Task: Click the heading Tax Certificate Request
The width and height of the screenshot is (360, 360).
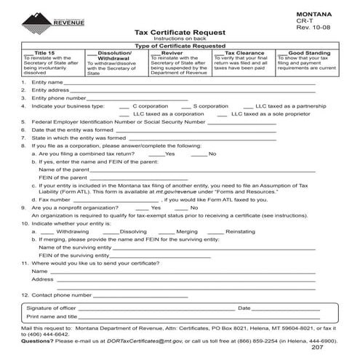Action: point(180,33)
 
